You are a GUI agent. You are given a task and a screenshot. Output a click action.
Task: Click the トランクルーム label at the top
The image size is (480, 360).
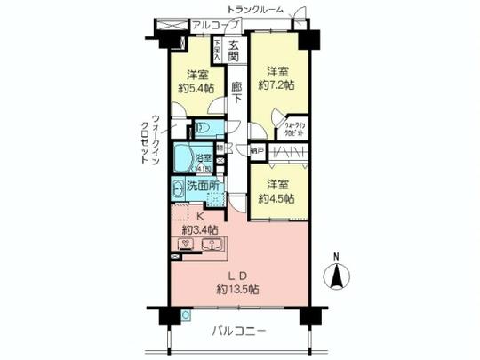255,9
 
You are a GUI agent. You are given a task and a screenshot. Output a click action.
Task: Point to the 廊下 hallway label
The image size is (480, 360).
236,92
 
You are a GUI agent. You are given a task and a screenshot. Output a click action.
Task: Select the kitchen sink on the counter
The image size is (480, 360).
210,246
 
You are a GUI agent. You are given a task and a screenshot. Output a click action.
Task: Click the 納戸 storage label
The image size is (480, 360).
256,152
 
